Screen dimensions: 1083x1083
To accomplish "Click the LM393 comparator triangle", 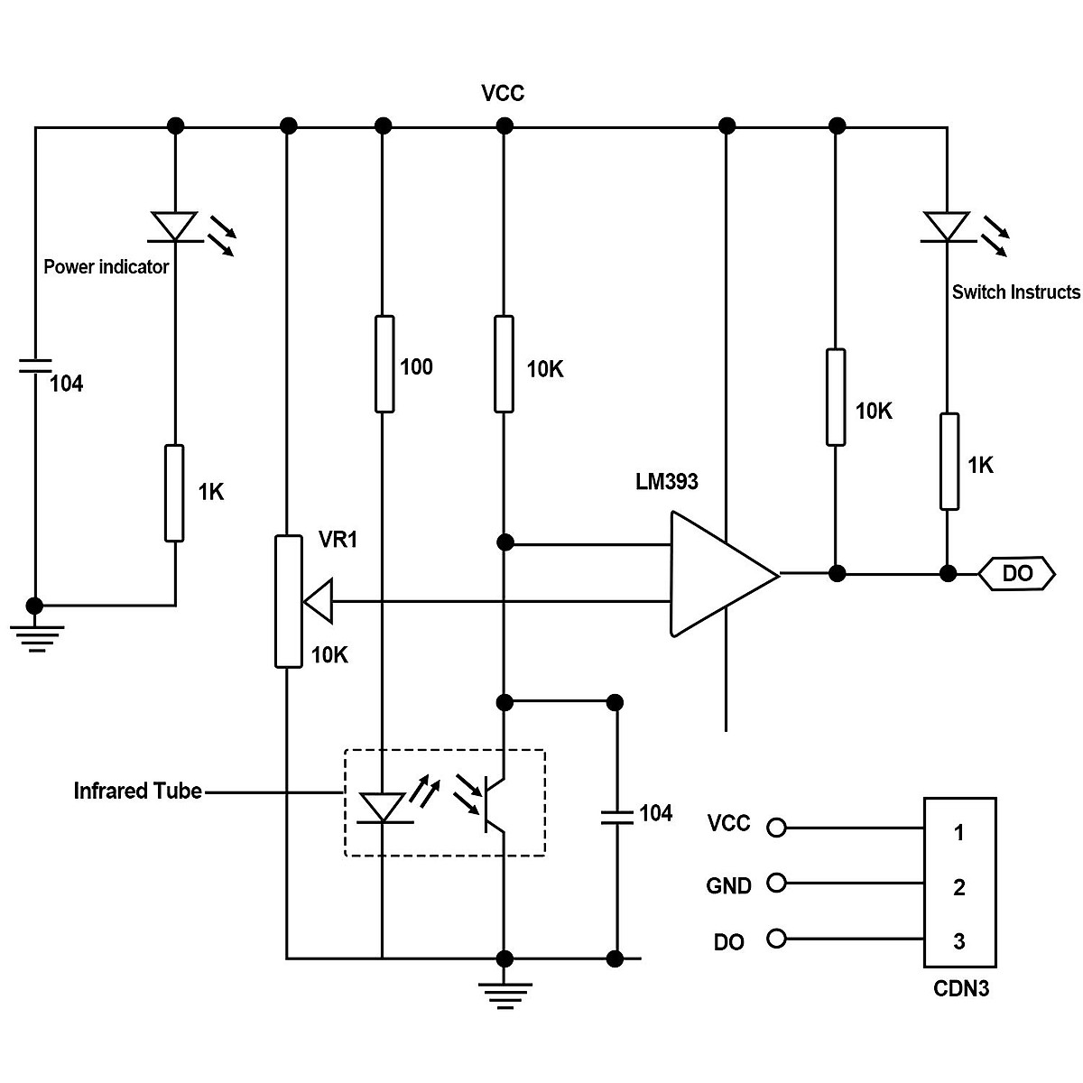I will pyautogui.click(x=717, y=574).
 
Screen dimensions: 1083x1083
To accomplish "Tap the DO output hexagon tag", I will pyautogui.click(x=1017, y=574).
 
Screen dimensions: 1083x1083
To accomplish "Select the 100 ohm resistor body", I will pyautogui.click(x=384, y=364).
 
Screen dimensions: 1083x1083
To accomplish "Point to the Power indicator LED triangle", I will pyautogui.click(x=174, y=226).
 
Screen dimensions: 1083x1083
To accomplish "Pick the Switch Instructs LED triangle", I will pyautogui.click(x=947, y=226).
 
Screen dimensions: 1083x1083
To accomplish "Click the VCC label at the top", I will pyautogui.click(x=503, y=94).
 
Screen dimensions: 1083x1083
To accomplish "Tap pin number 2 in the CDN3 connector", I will pyautogui.click(x=959, y=888).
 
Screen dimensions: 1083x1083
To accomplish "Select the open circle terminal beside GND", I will pyautogui.click(x=775, y=883).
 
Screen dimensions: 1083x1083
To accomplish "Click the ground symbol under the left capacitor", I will pyautogui.click(x=35, y=636).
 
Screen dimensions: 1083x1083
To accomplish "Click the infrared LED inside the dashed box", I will pyautogui.click(x=384, y=807).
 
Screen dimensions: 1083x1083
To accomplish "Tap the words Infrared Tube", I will pyautogui.click(x=137, y=791).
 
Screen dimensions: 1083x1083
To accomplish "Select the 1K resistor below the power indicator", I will pyautogui.click(x=174, y=493).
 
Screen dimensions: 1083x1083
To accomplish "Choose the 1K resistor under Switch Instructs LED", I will pyautogui.click(x=949, y=461).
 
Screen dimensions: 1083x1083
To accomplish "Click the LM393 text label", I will pyautogui.click(x=667, y=482).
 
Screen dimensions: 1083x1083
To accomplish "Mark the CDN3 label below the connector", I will pyautogui.click(x=960, y=989).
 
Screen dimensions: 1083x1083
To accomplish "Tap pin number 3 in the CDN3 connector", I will pyautogui.click(x=959, y=941).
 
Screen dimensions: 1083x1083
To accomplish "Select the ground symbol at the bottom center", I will pyautogui.click(x=505, y=992).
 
